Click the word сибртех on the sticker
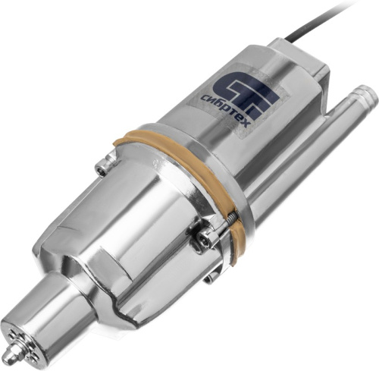(226, 112)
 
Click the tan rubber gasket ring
(187, 177)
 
